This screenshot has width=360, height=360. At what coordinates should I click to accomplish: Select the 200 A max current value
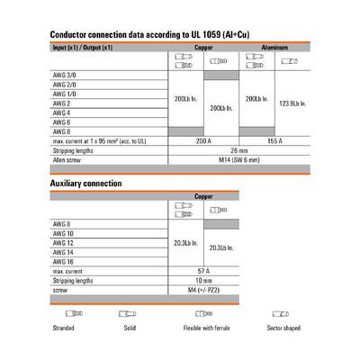(x=204, y=141)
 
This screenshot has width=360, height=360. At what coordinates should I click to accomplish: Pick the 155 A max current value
(x=272, y=141)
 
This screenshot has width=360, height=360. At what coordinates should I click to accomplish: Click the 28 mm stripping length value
(x=238, y=150)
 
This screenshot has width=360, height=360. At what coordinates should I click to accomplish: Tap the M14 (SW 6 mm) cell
(x=238, y=159)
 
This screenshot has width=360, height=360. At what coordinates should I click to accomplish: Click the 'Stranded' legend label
(x=63, y=328)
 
